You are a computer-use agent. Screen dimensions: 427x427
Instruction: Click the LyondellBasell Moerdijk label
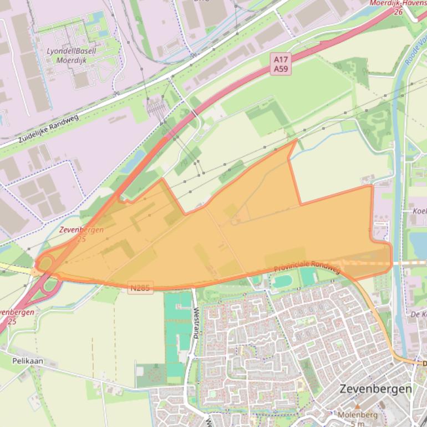tap(71, 55)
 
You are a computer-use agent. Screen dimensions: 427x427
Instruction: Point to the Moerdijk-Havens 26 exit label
tap(397, 7)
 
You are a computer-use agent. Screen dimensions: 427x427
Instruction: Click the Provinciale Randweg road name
tap(307, 267)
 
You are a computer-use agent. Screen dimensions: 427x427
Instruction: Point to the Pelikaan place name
tap(27, 360)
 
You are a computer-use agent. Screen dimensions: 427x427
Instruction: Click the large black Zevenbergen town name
tap(375, 388)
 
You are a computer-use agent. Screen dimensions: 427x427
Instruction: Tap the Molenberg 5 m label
tap(358, 419)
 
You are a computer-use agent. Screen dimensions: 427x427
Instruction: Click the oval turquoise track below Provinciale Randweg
tap(282, 281)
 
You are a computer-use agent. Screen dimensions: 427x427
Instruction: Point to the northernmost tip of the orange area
tap(296, 140)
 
